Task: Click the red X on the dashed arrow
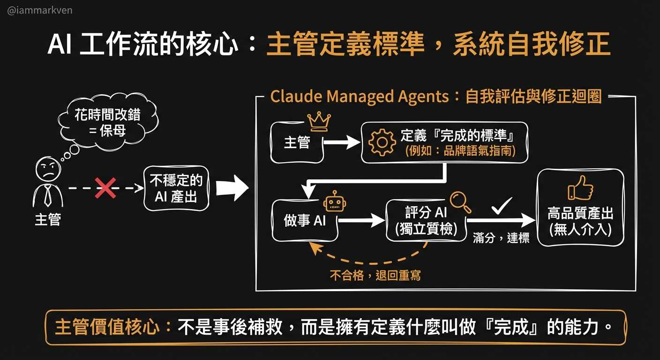click(106, 187)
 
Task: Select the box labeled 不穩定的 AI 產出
click(176, 188)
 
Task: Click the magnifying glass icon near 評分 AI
click(460, 202)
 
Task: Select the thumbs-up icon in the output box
click(580, 188)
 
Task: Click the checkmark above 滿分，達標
click(501, 205)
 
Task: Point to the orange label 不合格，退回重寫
click(375, 275)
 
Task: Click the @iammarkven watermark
click(40, 10)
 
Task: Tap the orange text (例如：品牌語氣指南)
click(459, 151)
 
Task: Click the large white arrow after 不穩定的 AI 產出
click(232, 188)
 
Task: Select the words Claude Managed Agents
click(360, 97)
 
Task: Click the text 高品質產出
click(580, 214)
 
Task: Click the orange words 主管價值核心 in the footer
click(107, 327)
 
